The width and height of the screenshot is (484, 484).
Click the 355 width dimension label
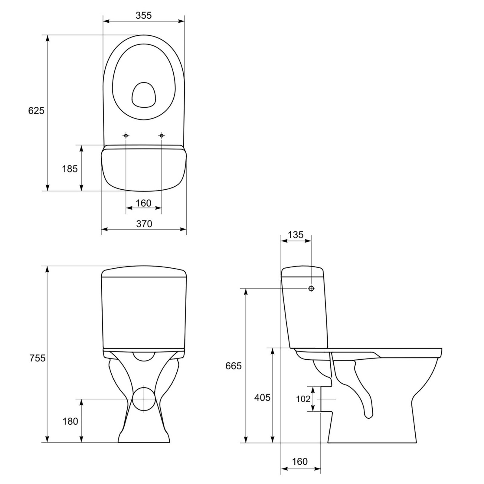tap(143, 15)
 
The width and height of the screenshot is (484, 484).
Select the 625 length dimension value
tap(36, 111)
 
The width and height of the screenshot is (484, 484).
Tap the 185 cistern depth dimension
tap(70, 169)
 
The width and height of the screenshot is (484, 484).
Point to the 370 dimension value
tap(144, 224)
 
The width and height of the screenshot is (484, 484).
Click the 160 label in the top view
tap(143, 203)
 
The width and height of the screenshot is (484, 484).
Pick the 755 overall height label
tap(38, 358)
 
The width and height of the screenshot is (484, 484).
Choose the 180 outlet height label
tap(70, 421)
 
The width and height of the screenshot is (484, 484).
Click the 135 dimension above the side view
tap(296, 235)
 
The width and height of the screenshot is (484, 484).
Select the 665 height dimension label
tap(234, 366)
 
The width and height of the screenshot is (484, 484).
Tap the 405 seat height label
tap(262, 397)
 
